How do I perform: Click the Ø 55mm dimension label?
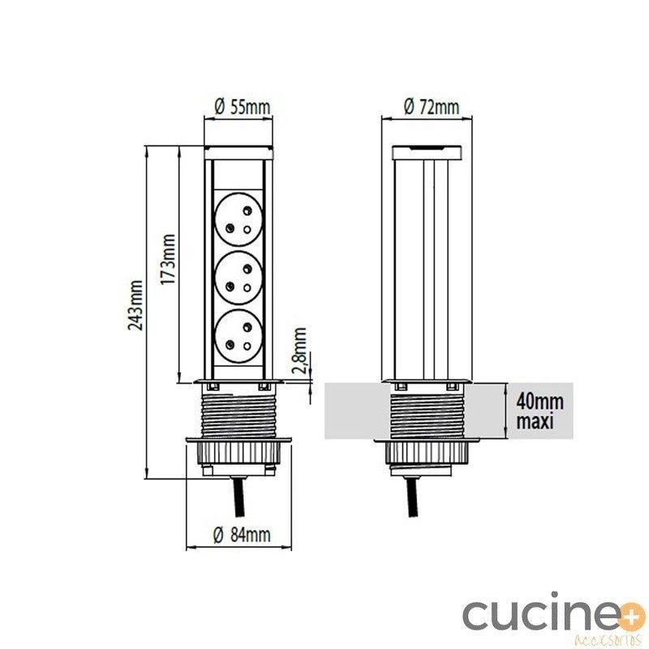[243, 107]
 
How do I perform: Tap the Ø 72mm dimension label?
[432, 107]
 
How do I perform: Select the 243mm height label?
[135, 306]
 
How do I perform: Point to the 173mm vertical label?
[168, 259]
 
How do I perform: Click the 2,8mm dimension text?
[299, 351]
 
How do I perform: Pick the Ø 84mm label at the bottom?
[242, 535]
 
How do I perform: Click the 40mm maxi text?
[539, 411]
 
